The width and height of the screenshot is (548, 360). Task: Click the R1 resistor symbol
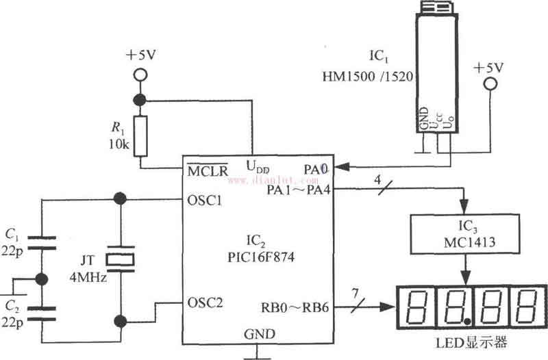[x=140, y=136]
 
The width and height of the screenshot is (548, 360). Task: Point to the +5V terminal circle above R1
[x=140, y=73]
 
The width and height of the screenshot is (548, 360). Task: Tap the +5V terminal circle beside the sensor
[x=489, y=85]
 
